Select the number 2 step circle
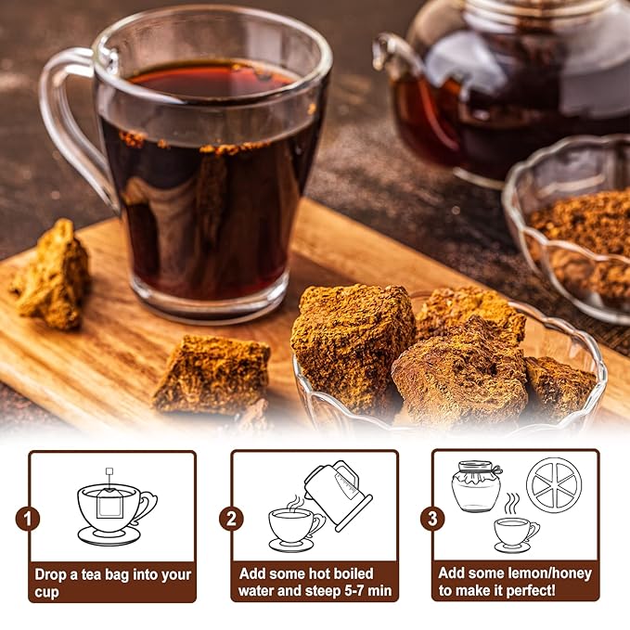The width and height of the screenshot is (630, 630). point(231,518)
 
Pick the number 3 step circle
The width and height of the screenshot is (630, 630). point(431,518)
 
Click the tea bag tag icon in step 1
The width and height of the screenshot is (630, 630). point(109,471)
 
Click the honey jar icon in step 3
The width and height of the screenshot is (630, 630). point(476,485)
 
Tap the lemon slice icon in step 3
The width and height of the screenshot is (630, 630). point(553,485)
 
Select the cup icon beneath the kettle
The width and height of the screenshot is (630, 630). point(292,526)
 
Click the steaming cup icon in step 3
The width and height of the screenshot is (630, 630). point(515,532)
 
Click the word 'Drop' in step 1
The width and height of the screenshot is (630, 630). point(53,573)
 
